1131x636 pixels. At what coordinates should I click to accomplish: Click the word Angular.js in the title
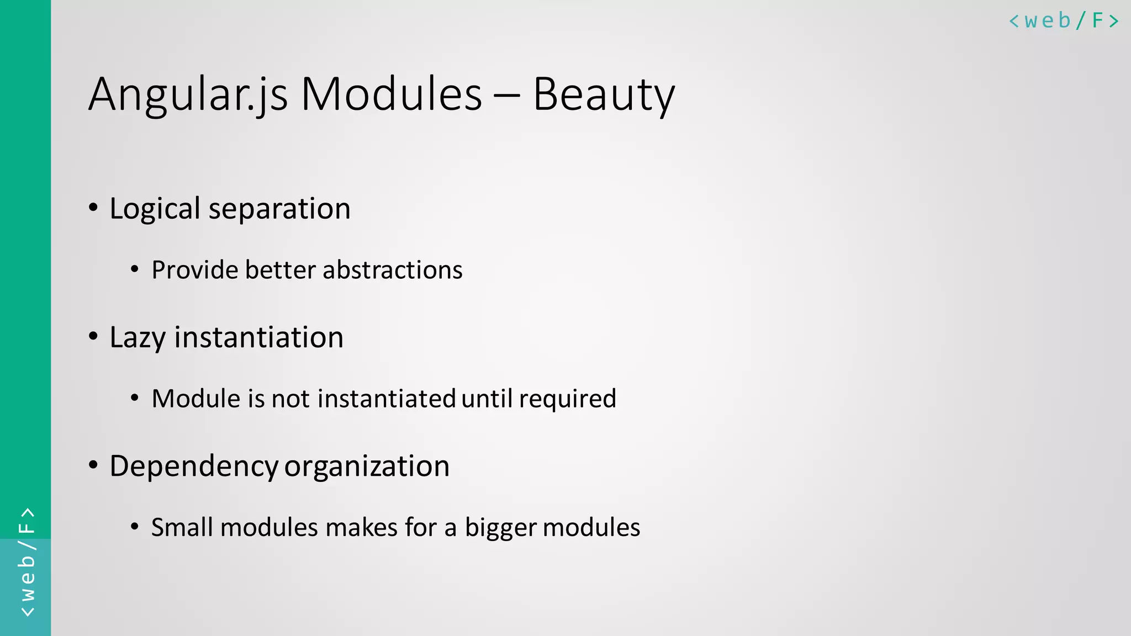[188, 95]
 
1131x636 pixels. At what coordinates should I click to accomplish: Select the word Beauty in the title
[603, 95]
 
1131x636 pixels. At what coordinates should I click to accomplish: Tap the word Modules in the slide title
[391, 95]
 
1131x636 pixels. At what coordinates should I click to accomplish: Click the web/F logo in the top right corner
[1064, 21]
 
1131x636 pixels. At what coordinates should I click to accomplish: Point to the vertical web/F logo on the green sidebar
[27, 562]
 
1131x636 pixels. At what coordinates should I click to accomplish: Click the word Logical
[155, 209]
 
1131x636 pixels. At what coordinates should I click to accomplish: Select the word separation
[279, 209]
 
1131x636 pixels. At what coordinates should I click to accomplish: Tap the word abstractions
[393, 270]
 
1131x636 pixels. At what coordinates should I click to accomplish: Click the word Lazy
[138, 338]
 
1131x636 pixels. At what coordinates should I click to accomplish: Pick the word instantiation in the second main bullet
[259, 337]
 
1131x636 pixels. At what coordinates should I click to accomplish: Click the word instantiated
[387, 399]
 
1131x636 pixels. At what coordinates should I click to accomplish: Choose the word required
[568, 399]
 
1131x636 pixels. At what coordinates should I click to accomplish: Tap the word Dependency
[194, 467]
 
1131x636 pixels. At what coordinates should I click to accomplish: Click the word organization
[367, 467]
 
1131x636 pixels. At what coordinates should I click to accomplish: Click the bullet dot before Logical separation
[93, 208]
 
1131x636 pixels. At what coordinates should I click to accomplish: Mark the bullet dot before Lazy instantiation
[93, 336]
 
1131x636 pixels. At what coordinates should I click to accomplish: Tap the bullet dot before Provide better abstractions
[135, 269]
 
